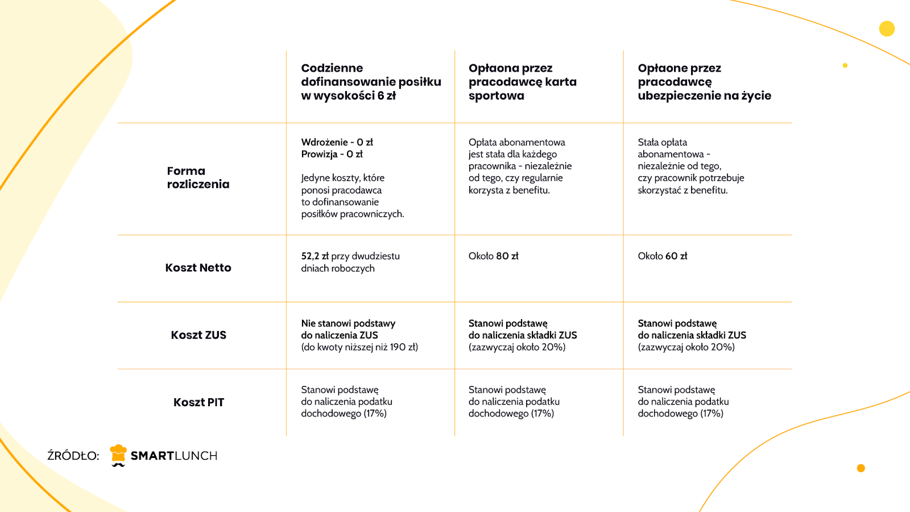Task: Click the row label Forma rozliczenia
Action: click(x=198, y=177)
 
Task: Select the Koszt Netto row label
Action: click(x=198, y=268)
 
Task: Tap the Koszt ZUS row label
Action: click(x=198, y=335)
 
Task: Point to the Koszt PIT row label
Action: click(x=198, y=402)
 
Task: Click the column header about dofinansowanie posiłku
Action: click(x=371, y=82)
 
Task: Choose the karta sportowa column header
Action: click(x=522, y=82)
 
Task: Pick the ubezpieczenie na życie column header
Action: click(x=704, y=82)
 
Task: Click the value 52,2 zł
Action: click(x=315, y=256)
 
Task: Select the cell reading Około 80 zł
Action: click(x=493, y=256)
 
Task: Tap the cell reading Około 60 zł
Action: click(x=662, y=256)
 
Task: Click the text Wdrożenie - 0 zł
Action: click(x=337, y=142)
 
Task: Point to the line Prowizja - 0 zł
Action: click(x=332, y=154)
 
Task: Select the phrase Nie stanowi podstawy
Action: click(x=348, y=323)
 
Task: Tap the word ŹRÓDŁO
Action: click(x=73, y=456)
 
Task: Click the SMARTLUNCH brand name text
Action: click(x=174, y=456)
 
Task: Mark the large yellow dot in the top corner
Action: click(x=887, y=28)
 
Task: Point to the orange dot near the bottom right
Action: click(x=861, y=468)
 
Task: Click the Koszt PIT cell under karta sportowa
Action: click(x=514, y=402)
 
